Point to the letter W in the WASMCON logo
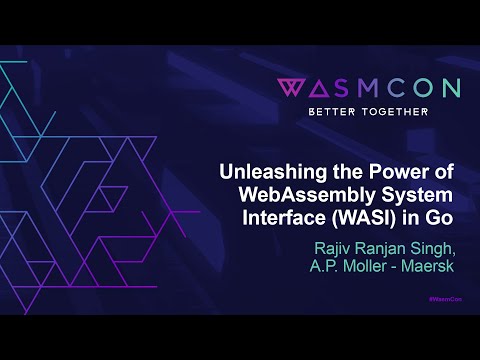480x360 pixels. pyautogui.click(x=290, y=87)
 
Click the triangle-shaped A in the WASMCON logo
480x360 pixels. pyautogui.click(x=317, y=87)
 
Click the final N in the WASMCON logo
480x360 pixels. pyautogui.click(x=449, y=87)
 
